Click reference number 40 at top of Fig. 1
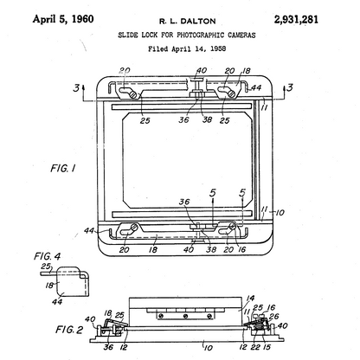[x=202, y=72]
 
